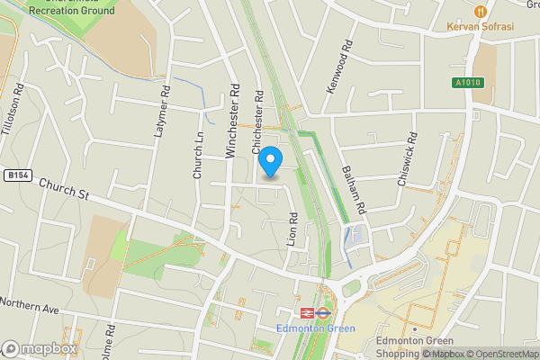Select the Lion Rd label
pyautogui.click(x=292, y=229)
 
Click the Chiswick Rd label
pyautogui.click(x=408, y=159)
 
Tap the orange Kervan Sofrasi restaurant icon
pyautogui.click(x=480, y=11)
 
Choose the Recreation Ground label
pyautogui.click(x=72, y=11)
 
